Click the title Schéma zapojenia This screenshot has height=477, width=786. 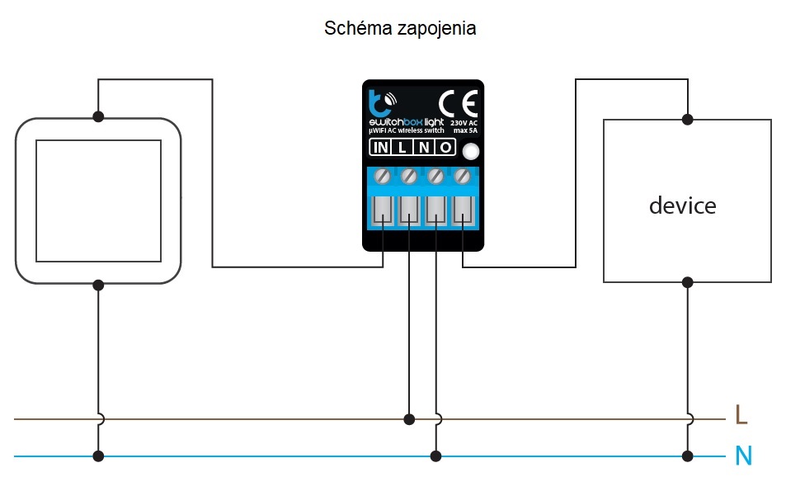(400, 29)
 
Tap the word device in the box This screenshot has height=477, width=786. (682, 205)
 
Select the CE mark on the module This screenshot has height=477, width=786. (459, 104)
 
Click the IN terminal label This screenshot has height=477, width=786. (380, 148)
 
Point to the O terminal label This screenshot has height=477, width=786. (445, 148)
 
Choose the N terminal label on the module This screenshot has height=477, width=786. (424, 148)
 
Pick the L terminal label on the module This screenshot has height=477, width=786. (402, 148)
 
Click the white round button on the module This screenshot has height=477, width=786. (470, 152)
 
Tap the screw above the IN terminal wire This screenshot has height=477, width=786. (383, 176)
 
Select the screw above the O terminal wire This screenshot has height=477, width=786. (462, 176)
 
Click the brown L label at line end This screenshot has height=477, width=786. (741, 415)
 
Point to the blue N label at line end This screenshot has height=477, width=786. (743, 456)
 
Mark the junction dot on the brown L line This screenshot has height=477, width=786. (409, 419)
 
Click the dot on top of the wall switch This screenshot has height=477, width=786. (98, 117)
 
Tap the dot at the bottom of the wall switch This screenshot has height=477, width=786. (98, 286)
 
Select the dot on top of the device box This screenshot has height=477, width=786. (688, 120)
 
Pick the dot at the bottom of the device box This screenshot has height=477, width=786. (688, 282)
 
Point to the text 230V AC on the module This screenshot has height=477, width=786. (464, 123)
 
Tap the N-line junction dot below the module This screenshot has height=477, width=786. (436, 456)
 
